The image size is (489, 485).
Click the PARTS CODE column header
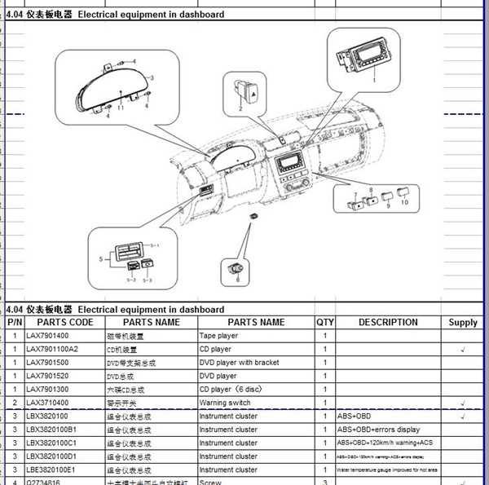[x=60, y=322]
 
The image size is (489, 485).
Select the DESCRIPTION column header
[x=388, y=322]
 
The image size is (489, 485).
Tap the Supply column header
[x=463, y=323]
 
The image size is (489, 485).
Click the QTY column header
[x=325, y=322]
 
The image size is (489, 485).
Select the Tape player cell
[x=218, y=336]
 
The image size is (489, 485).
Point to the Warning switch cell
[x=225, y=403]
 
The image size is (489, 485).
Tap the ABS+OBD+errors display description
[x=378, y=430]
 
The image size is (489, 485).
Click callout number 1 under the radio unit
[x=373, y=80]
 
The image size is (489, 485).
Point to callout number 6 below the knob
[x=238, y=279]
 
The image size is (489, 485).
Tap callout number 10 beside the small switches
[x=404, y=202]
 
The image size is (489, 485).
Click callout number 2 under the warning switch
[x=240, y=108]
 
